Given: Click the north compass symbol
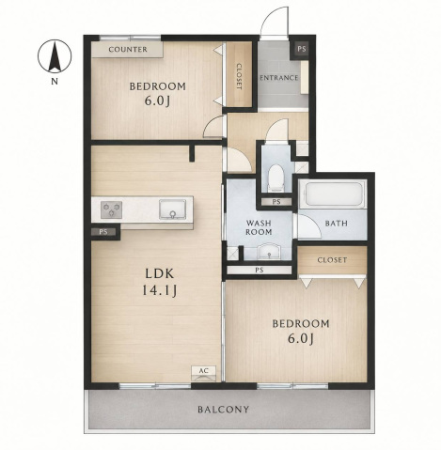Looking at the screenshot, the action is [55, 56].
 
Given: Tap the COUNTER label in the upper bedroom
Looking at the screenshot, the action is [128, 50].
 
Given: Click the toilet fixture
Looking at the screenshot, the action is [276, 178].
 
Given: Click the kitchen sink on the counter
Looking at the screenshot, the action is [172, 209].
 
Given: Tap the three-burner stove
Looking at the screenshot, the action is [111, 209].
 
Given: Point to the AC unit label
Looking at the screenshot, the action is [204, 371].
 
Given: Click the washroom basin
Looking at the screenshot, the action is [269, 251].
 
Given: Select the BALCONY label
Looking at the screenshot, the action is [224, 410].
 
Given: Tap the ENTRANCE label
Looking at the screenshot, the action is [278, 78].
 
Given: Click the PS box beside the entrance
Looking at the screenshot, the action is [302, 49].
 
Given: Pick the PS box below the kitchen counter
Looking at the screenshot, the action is [103, 232].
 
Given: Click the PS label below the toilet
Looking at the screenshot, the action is [276, 202].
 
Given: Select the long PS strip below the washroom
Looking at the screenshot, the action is [260, 270].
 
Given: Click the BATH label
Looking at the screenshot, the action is [337, 224].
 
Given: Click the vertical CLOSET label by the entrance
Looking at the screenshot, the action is [239, 76].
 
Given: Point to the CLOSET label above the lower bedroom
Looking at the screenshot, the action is [332, 260].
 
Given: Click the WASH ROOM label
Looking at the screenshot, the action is [259, 227].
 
